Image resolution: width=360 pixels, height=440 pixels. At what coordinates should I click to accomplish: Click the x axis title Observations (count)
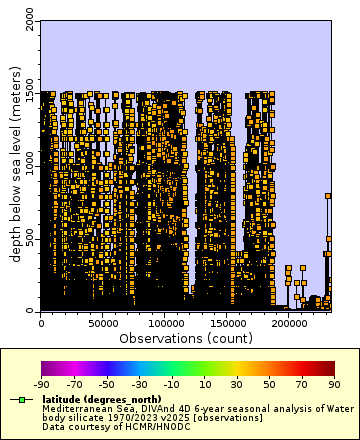(185, 339)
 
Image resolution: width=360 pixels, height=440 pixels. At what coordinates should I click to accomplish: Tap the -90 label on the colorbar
(42, 384)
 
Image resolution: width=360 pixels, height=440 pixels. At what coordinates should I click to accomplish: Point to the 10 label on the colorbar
(204, 384)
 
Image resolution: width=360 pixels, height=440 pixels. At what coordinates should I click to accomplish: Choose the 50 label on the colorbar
(269, 384)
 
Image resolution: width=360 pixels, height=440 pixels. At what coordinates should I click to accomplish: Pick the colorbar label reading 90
(333, 384)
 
